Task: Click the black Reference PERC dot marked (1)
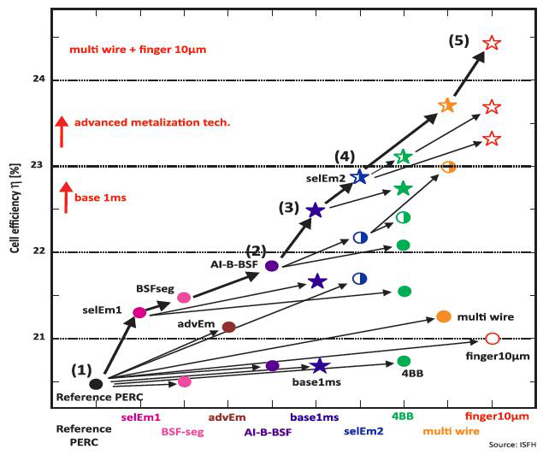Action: [x=97, y=384]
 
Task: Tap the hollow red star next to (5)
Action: [x=492, y=43]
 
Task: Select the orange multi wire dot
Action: [x=444, y=316]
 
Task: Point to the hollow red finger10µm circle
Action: [x=492, y=339]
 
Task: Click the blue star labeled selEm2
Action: [x=360, y=176]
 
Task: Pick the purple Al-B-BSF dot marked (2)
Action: [x=272, y=265]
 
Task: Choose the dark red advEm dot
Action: [x=228, y=327]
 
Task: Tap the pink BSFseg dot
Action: [x=184, y=297]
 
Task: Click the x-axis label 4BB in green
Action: [x=404, y=417]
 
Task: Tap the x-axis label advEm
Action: [x=228, y=417]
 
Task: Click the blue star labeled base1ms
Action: [x=319, y=366]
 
